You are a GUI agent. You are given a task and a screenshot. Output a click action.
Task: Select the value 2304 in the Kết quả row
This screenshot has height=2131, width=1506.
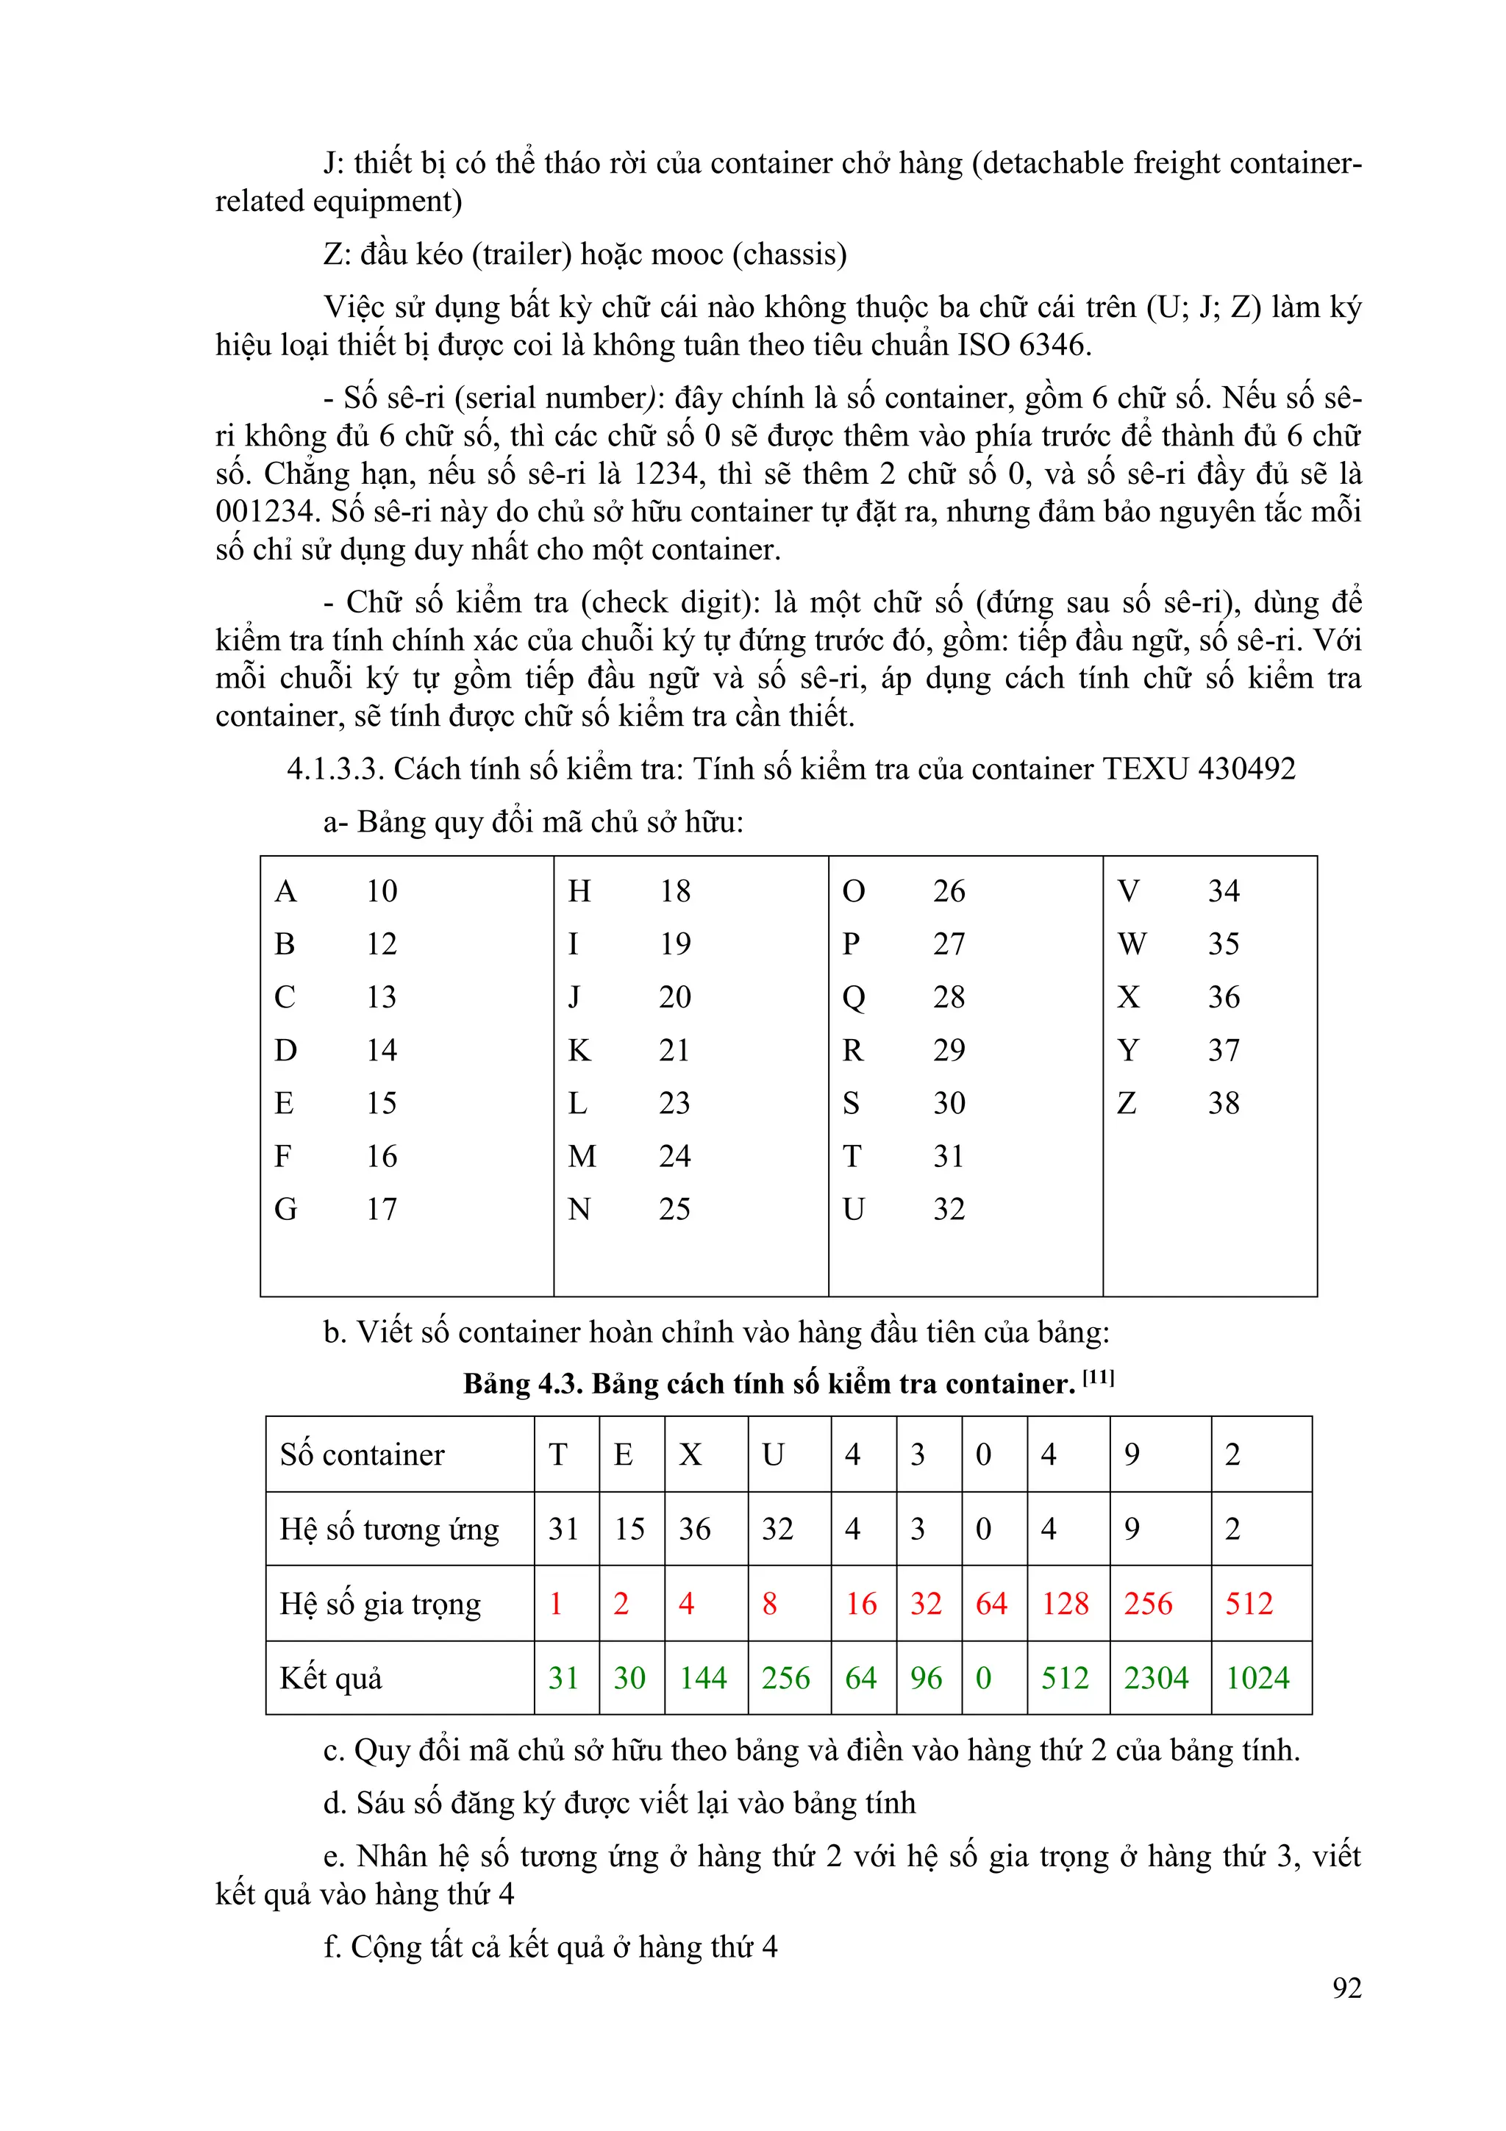pos(1155,1678)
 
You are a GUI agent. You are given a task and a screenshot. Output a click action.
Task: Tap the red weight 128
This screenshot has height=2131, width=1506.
pos(1064,1604)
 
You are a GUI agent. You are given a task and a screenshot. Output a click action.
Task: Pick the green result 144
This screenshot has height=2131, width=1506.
pos(702,1678)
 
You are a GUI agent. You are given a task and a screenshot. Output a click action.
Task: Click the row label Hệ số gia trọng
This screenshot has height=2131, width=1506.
pos(380,1605)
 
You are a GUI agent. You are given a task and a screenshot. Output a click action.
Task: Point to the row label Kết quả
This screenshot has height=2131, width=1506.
pos(331,1679)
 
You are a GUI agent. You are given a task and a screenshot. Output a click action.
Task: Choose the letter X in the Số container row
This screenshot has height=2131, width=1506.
pos(690,1454)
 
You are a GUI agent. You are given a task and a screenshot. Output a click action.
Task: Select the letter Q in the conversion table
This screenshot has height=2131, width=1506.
pos(853,997)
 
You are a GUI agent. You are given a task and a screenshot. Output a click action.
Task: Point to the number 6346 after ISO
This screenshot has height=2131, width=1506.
pos(1052,346)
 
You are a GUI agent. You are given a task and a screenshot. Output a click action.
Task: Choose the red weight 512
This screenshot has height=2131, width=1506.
pos(1248,1604)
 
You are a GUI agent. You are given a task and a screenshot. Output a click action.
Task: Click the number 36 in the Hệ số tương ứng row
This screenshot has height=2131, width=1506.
pos(694,1529)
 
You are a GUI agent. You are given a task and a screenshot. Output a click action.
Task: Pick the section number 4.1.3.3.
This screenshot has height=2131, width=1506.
pos(335,769)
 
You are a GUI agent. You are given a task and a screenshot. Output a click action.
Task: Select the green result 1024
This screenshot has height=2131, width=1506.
pos(1257,1678)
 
